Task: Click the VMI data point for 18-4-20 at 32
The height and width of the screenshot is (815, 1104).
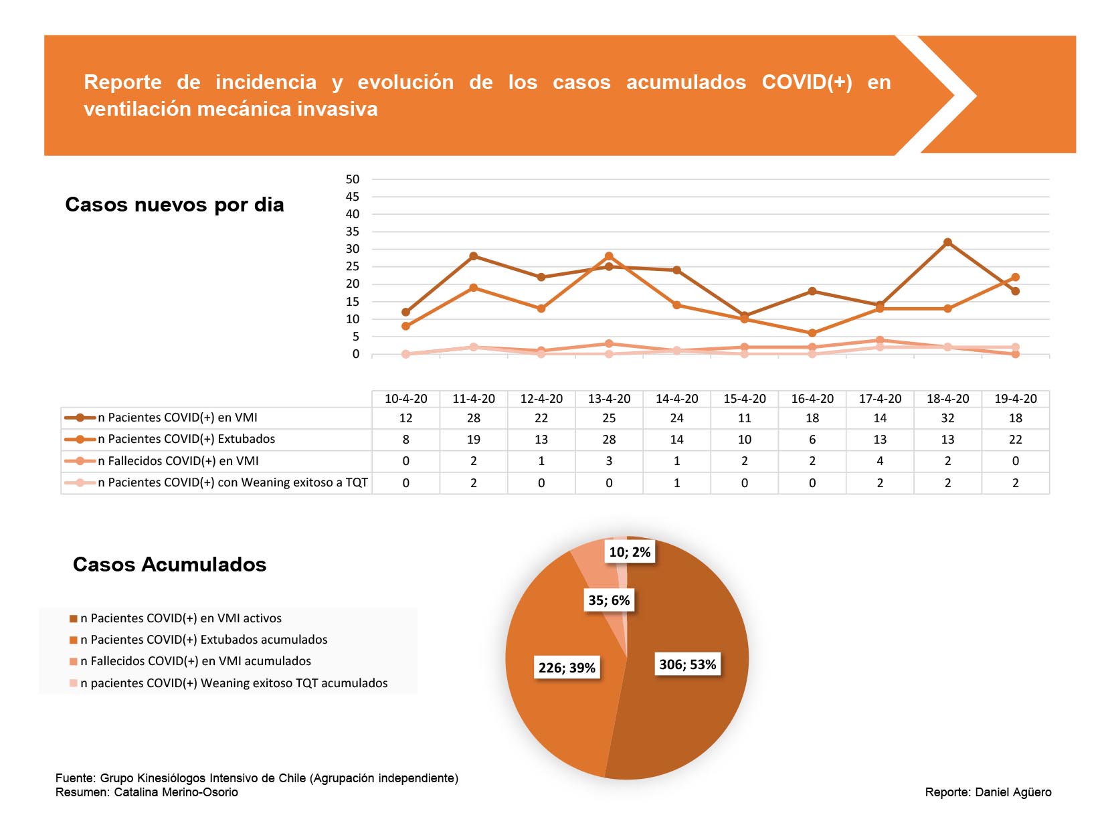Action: coord(947,242)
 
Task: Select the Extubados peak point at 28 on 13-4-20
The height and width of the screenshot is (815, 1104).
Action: coord(609,256)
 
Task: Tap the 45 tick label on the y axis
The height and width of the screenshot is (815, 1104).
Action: coord(353,197)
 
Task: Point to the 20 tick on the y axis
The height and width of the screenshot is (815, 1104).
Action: coord(353,284)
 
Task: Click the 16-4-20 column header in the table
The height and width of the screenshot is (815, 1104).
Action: coord(812,399)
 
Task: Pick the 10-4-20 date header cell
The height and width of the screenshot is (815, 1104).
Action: coord(405,399)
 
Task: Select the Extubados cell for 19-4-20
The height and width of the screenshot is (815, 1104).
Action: coord(1015,440)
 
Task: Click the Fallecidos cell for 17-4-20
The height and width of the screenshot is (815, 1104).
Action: coord(879,461)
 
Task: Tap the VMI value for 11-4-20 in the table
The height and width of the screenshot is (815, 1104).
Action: coord(473,418)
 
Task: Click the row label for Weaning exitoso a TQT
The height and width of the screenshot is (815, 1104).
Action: coord(232,482)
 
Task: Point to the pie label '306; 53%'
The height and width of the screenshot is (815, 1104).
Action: coord(687,664)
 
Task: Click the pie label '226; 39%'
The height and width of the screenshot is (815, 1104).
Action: coord(567,668)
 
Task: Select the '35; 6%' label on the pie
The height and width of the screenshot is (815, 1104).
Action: coord(609,600)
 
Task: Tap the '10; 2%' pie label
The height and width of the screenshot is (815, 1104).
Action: coord(630,552)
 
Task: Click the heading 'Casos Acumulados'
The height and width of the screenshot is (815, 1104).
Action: coord(170,565)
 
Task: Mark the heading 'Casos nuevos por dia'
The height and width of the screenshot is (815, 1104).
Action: coord(175,205)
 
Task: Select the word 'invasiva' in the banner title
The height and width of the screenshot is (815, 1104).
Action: coord(337,109)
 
